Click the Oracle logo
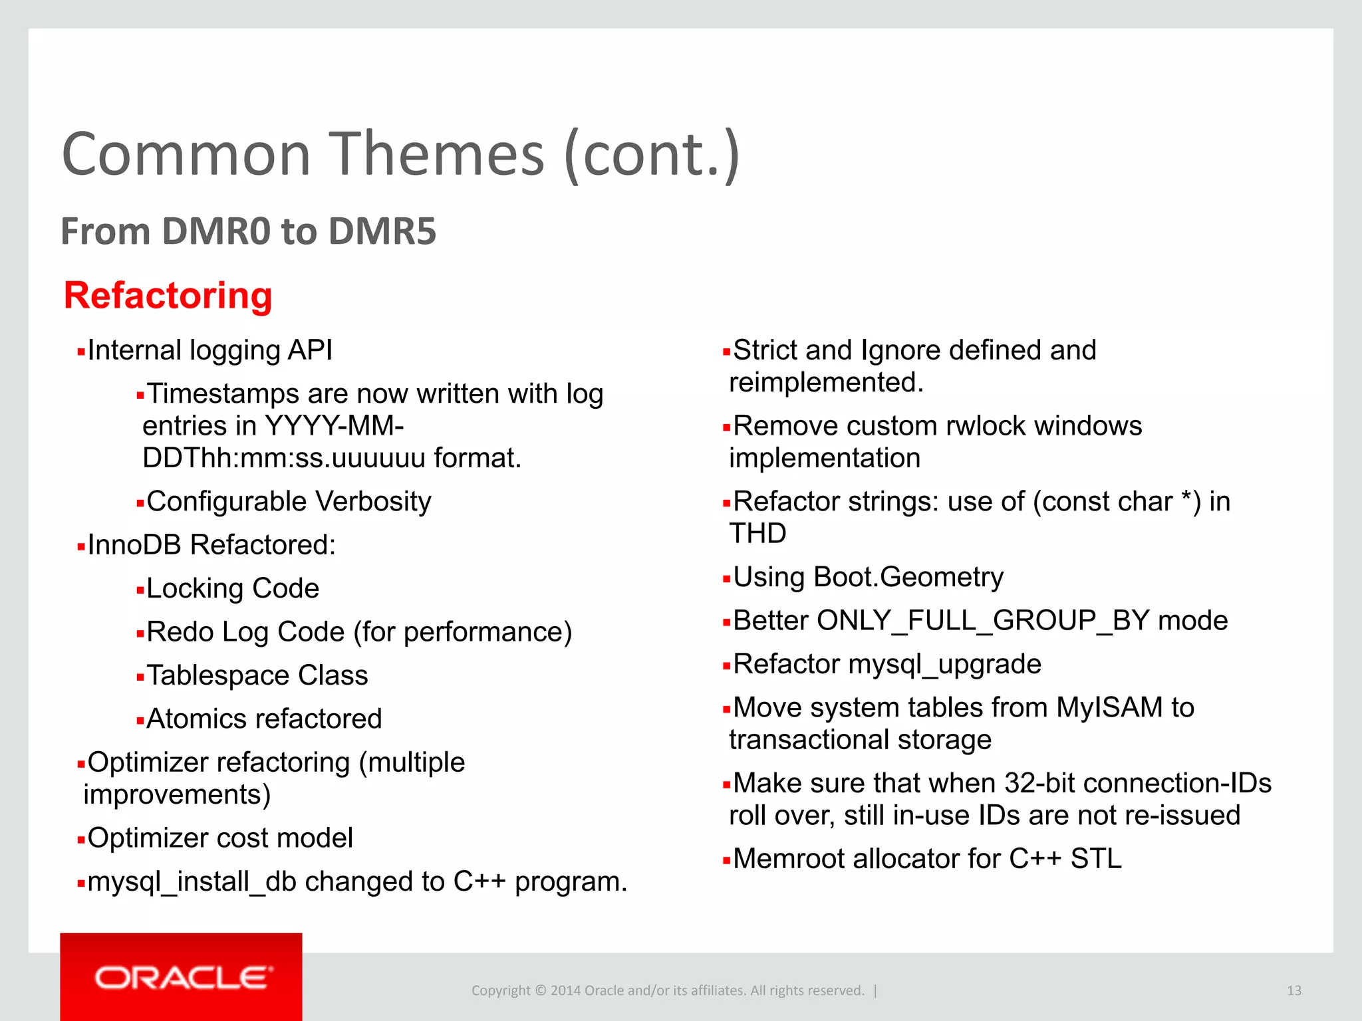point(183,978)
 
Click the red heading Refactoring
point(168,296)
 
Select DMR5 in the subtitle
point(382,231)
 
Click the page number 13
point(1294,990)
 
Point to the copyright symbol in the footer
point(540,990)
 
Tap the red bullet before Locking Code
point(140,590)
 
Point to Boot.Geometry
point(908,577)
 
